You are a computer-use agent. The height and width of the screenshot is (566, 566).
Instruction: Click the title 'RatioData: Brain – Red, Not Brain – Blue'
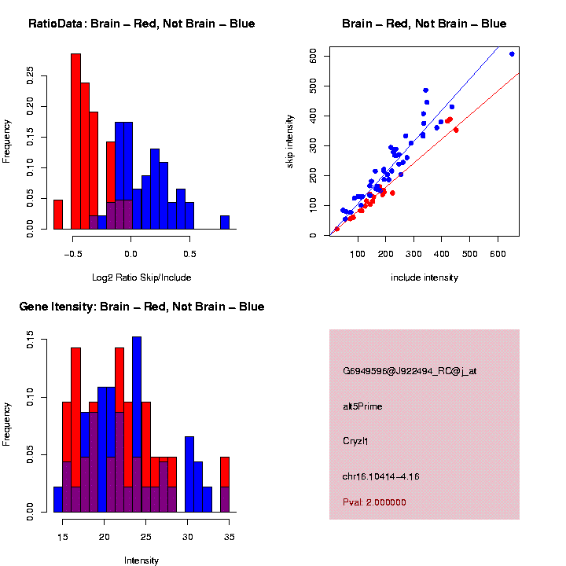(x=141, y=24)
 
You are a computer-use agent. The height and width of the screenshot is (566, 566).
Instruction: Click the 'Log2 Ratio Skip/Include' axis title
(x=141, y=277)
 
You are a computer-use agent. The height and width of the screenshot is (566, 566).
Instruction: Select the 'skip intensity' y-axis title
(x=290, y=140)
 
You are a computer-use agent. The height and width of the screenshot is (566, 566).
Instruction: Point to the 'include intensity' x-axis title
(x=424, y=277)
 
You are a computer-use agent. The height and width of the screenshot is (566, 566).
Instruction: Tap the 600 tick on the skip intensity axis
(x=313, y=56)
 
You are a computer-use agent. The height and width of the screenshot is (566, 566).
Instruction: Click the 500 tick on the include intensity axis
(x=470, y=253)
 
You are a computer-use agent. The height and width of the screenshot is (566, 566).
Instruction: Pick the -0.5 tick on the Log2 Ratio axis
(x=73, y=253)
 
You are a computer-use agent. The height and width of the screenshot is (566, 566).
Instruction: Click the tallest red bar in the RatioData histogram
(x=76, y=141)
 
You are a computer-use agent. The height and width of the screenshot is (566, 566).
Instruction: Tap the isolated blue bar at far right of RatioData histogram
(x=225, y=222)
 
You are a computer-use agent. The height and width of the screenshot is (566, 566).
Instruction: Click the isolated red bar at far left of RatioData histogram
(x=58, y=214)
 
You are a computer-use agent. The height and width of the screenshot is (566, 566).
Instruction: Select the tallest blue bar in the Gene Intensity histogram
(x=137, y=424)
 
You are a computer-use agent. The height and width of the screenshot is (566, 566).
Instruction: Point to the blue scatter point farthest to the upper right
(x=512, y=54)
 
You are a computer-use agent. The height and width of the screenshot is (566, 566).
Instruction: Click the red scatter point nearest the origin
(x=336, y=229)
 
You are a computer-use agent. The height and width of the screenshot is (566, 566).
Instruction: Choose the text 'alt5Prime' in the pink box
(x=362, y=406)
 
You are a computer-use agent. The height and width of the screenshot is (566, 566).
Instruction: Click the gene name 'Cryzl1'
(x=355, y=441)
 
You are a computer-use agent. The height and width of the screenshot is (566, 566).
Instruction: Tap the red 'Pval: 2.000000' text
(x=375, y=502)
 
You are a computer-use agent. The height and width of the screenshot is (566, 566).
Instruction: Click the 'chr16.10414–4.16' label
(x=381, y=476)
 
